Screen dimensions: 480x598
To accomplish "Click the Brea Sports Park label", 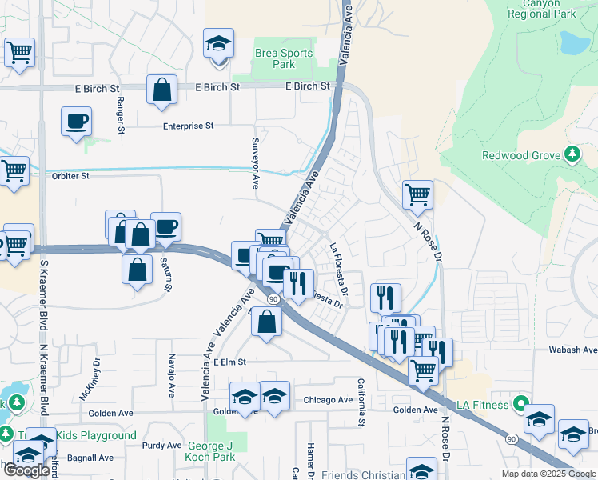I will coord(284,58).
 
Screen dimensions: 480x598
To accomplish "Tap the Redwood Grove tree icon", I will coord(572,154).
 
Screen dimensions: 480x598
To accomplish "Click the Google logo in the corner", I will coord(26,470).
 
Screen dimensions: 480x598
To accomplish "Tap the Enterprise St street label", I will coord(189,126).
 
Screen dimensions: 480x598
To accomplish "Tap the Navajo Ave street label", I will coord(172,377).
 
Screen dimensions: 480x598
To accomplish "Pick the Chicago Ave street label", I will coord(328,400).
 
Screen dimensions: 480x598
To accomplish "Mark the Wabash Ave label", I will coord(572,350).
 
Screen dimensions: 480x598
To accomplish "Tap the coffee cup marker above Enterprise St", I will coord(76,121).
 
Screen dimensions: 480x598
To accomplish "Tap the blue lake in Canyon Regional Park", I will coord(573,43).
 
